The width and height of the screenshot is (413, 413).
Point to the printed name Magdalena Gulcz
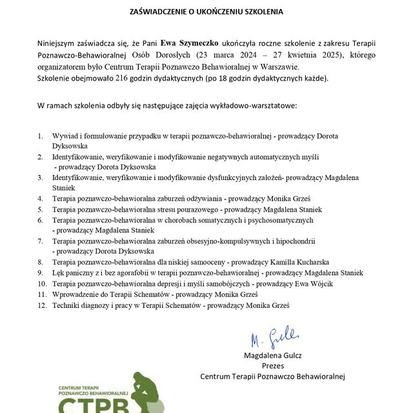[273, 356]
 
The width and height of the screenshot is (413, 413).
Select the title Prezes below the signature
[273, 365]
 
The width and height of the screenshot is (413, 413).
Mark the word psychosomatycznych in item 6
[276, 220]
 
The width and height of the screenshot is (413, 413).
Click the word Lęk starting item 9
[59, 273]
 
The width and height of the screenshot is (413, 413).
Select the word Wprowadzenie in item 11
[76, 294]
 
